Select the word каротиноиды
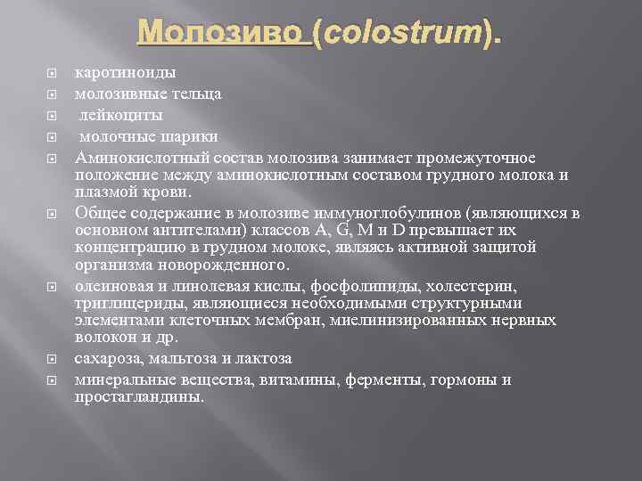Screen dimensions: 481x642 click(x=126, y=71)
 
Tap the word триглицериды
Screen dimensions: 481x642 click(x=119, y=303)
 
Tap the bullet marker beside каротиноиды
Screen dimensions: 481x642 click(x=51, y=72)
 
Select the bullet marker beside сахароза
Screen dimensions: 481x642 click(x=51, y=359)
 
